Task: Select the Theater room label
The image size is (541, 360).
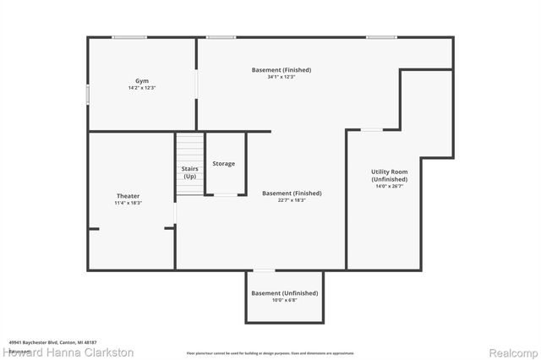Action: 128,196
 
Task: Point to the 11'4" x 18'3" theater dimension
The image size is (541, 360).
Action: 128,203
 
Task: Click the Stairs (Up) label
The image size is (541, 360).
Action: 190,172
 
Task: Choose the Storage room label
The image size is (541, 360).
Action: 224,163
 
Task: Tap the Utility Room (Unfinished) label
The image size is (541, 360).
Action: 389,176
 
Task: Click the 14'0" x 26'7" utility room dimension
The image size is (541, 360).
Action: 389,186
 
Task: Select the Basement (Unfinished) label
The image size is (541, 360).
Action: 285,293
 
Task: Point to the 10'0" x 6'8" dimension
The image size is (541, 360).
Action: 285,300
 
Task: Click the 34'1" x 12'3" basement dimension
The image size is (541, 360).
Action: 281,77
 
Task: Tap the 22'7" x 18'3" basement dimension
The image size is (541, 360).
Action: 292,200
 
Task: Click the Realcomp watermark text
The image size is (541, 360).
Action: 508,352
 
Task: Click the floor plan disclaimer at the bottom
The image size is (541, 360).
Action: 270,352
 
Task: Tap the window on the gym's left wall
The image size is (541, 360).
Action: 88,93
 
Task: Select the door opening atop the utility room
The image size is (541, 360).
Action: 370,129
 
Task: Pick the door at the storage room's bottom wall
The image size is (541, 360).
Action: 225,195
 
